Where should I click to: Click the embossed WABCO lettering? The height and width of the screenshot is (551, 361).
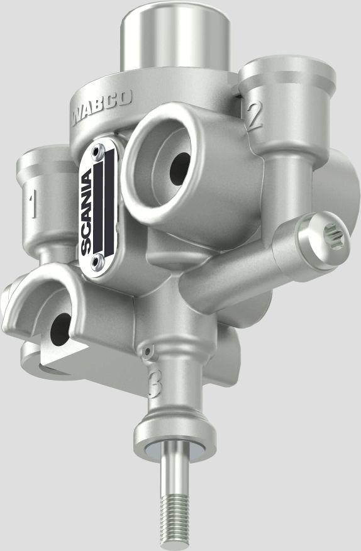(101, 106)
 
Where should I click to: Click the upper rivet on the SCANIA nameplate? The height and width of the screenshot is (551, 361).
(96, 150)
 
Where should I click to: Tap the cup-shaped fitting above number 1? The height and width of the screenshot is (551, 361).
(43, 170)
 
